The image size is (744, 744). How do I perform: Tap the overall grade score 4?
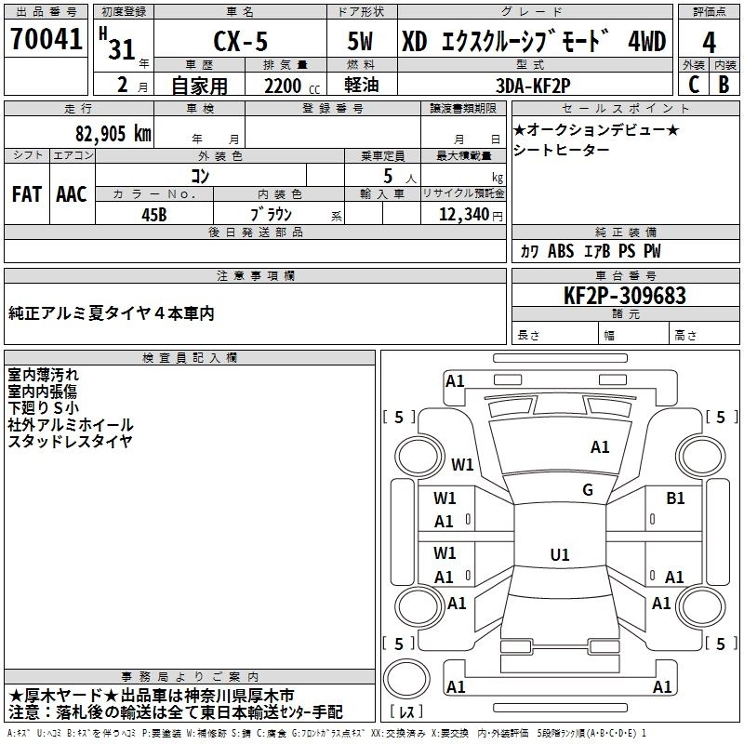tap(710, 43)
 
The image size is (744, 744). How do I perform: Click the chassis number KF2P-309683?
tap(625, 296)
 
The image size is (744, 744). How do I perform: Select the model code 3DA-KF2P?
tap(534, 85)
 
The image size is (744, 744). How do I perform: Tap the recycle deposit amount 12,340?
tap(462, 214)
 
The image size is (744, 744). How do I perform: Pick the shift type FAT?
tap(26, 194)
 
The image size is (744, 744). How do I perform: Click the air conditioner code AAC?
tap(72, 194)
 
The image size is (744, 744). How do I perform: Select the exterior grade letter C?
tap(693, 85)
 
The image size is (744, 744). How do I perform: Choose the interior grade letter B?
tap(724, 85)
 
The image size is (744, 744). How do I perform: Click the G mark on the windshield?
tap(588, 490)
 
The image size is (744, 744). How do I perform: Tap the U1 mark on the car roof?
tap(559, 554)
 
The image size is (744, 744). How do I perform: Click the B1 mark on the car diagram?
tap(675, 498)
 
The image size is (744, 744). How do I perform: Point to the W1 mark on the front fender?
tap(462, 463)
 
